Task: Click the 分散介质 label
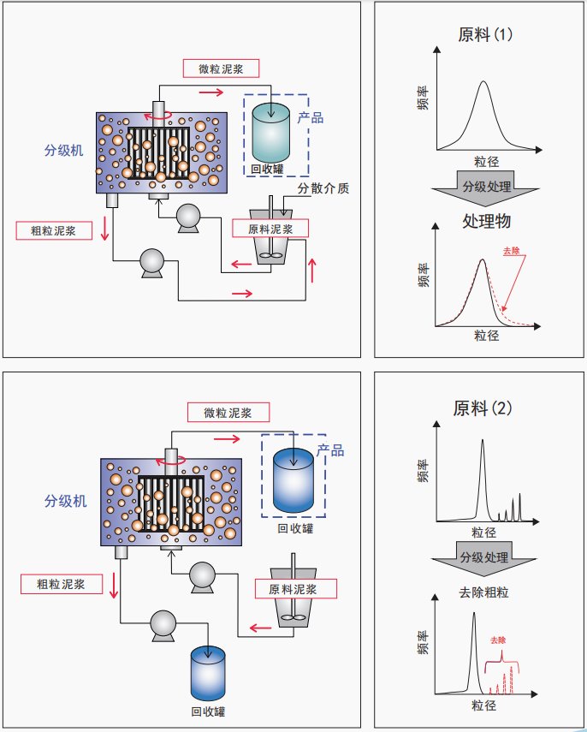tap(323, 189)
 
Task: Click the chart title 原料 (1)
tap(485, 35)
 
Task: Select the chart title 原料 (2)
tap(483, 408)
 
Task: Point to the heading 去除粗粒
tap(484, 592)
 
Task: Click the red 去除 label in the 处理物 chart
tap(511, 251)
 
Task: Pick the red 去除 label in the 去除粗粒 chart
tap(499, 640)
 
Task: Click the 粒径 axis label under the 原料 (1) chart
tap(485, 160)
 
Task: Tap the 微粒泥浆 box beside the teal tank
tap(221, 68)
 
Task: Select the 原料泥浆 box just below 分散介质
tap(270, 229)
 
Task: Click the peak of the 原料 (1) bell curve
tap(483, 82)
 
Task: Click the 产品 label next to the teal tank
tap(310, 118)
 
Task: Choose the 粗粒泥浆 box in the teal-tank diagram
tap(53, 230)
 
